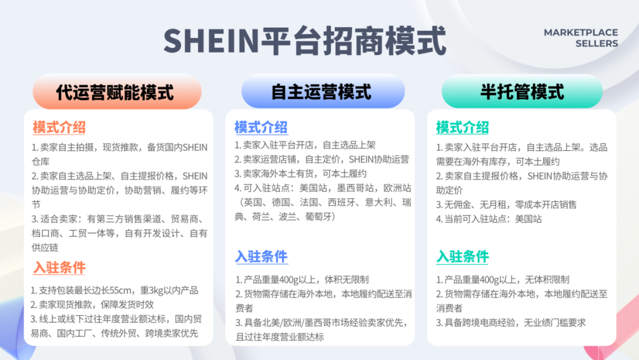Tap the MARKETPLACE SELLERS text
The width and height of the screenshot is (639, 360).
pyautogui.click(x=580, y=38)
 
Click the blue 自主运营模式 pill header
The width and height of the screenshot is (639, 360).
pyautogui.click(x=322, y=93)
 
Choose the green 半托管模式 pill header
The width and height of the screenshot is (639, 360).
pyautogui.click(x=522, y=93)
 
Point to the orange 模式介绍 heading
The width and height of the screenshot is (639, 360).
pyautogui.click(x=59, y=127)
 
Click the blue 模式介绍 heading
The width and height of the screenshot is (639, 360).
pyautogui.click(x=261, y=127)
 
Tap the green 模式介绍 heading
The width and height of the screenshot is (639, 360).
pyautogui.click(x=462, y=127)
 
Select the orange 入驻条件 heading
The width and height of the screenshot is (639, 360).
pyautogui.click(x=59, y=268)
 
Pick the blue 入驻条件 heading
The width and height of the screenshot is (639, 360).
pyautogui.click(x=261, y=257)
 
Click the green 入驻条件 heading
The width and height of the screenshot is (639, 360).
pyautogui.click(x=462, y=257)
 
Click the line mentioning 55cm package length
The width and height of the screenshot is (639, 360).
pyautogui.click(x=115, y=291)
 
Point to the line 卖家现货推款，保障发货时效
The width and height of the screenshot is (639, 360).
pyautogui.click(x=92, y=305)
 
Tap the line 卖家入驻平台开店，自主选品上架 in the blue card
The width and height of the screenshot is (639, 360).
pyautogui.click(x=305, y=145)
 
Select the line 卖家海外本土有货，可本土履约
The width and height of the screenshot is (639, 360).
pyautogui.click(x=300, y=174)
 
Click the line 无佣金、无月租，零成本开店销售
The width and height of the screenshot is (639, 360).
pyautogui.click(x=506, y=204)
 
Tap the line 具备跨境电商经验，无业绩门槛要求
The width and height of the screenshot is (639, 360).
pyautogui.click(x=511, y=323)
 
